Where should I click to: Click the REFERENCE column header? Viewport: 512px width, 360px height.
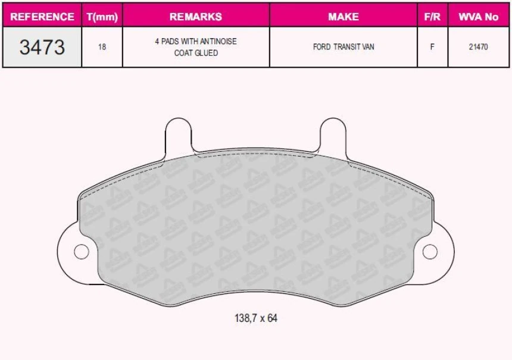[x=42, y=17]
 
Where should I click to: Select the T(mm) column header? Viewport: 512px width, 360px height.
[x=102, y=17]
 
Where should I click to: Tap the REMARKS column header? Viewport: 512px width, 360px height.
[x=195, y=17]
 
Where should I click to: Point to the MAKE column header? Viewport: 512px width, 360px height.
[x=343, y=17]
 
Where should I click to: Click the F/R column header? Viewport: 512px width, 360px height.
[x=432, y=17]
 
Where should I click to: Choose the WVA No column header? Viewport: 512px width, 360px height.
[x=478, y=17]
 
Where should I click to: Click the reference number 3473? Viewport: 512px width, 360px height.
[x=42, y=47]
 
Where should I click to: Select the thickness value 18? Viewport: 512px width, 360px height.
[x=102, y=47]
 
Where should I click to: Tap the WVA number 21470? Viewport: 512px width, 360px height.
[x=478, y=47]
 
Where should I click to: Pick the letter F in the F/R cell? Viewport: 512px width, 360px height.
[x=432, y=47]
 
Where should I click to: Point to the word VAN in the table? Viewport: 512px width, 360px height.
[x=367, y=47]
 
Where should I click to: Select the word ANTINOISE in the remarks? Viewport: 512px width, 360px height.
[x=218, y=41]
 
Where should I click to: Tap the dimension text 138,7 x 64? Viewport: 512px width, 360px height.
[x=256, y=318]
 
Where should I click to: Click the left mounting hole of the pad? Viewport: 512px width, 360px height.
[x=81, y=252]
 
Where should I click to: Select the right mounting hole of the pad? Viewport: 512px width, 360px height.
[x=430, y=252]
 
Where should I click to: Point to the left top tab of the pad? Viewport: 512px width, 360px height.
[x=177, y=134]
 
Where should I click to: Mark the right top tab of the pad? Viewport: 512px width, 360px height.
[x=333, y=134]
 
